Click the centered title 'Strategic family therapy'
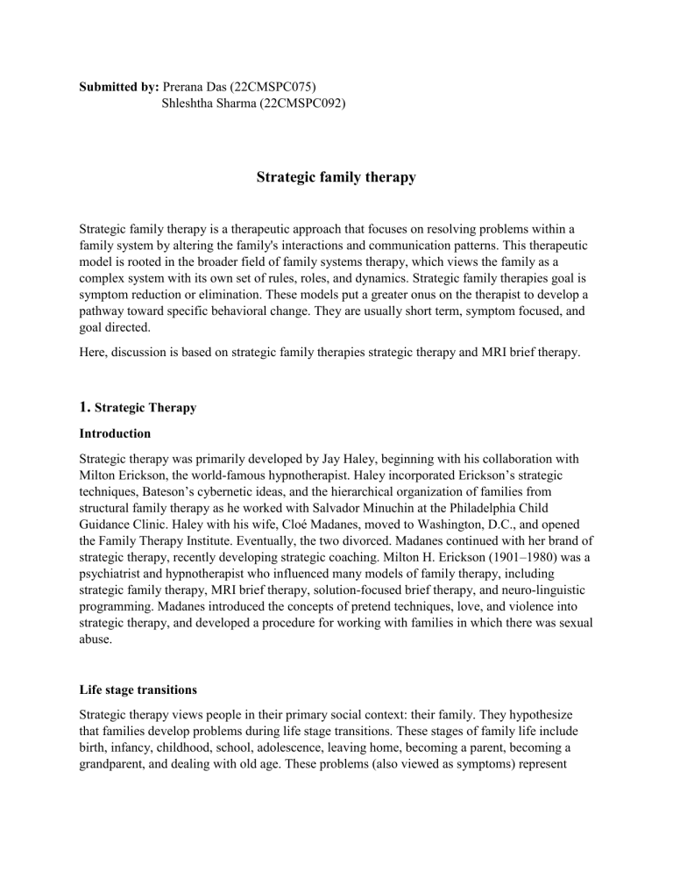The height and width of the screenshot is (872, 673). pos(336,178)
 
